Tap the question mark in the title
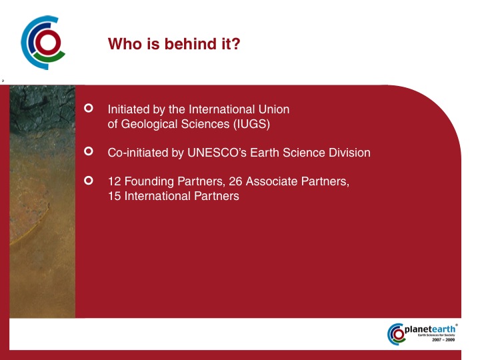(236, 44)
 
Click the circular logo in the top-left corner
(43, 43)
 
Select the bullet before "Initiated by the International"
(89, 108)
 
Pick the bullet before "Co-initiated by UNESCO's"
(89, 151)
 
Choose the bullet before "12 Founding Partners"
(89, 180)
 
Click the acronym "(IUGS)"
(251, 124)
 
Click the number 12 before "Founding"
(115, 181)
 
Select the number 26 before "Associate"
(235, 181)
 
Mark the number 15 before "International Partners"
(115, 196)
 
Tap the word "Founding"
(149, 181)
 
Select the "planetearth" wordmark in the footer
(430, 329)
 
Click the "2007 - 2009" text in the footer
(443, 340)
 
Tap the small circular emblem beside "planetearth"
(396, 334)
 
